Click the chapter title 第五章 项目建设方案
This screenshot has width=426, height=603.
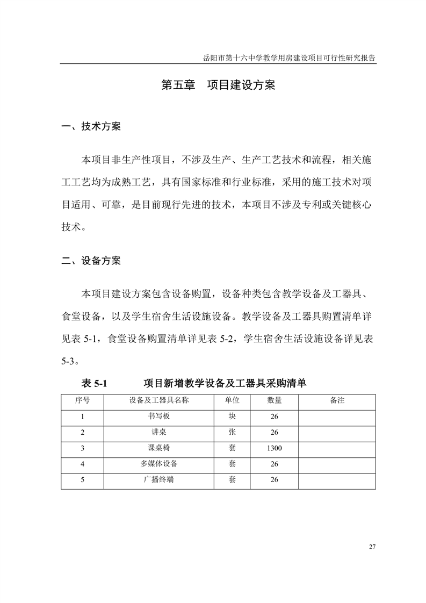(x=218, y=85)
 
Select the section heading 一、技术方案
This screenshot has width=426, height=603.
(x=91, y=127)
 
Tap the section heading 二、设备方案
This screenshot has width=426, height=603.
(x=91, y=261)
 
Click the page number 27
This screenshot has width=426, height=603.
(x=372, y=547)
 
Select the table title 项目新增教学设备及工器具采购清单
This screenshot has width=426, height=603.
(x=225, y=384)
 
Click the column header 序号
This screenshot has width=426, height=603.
(x=82, y=401)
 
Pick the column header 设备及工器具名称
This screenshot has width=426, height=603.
(x=159, y=401)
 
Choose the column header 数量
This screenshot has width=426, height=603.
(x=275, y=401)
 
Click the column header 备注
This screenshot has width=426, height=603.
(x=337, y=401)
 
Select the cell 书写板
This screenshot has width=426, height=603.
(x=159, y=417)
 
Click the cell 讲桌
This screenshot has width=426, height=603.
(x=159, y=432)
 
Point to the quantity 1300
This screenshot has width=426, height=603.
(x=275, y=448)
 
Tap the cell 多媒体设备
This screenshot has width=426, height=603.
(x=159, y=464)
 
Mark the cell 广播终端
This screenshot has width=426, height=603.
(x=159, y=479)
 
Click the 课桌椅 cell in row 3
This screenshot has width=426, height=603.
(x=159, y=448)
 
